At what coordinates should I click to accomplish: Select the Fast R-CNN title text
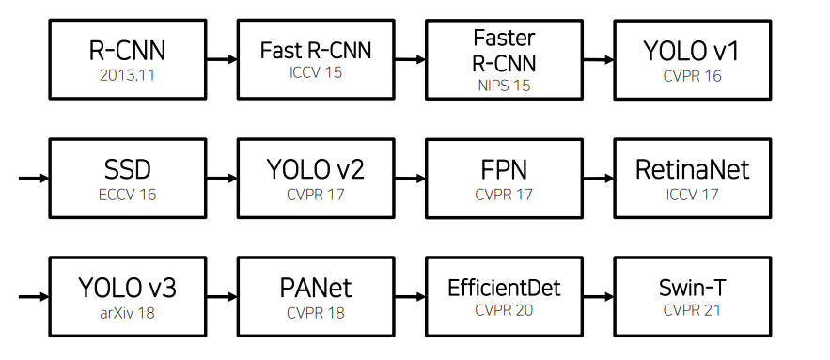click(316, 51)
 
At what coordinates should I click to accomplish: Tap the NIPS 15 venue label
click(504, 86)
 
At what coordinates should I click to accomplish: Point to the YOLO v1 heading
click(692, 51)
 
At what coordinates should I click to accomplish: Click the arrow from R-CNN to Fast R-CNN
click(222, 59)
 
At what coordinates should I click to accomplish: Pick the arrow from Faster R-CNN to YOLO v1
click(598, 60)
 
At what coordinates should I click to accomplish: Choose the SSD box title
click(128, 169)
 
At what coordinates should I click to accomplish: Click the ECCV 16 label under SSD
click(128, 195)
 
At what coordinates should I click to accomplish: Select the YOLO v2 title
click(316, 169)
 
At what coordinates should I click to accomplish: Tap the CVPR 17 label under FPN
click(504, 195)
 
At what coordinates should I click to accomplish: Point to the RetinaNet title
click(692, 169)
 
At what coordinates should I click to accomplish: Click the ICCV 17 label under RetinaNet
click(692, 195)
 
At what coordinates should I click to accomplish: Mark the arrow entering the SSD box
click(34, 179)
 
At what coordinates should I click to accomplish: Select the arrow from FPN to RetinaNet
click(598, 179)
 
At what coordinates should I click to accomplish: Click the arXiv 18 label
click(128, 313)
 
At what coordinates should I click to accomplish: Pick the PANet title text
click(316, 288)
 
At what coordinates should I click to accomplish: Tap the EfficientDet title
click(504, 288)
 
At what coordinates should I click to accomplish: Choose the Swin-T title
click(692, 288)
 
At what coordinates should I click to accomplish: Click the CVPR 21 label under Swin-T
click(692, 309)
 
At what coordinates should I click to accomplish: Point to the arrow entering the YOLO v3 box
click(34, 297)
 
